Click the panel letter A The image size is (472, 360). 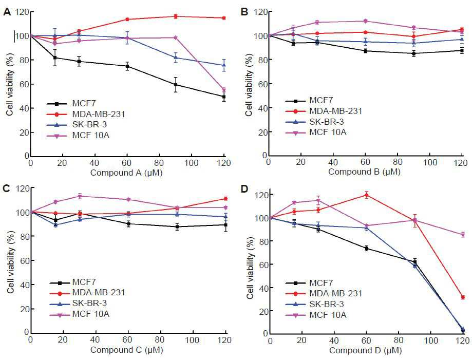click(x=7, y=12)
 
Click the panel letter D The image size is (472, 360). click(x=244, y=189)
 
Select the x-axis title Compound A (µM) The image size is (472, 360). click(x=126, y=173)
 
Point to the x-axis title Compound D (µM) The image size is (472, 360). click(x=366, y=350)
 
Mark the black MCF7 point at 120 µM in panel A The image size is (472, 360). click(x=223, y=97)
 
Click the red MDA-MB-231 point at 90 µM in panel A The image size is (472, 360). click(x=176, y=16)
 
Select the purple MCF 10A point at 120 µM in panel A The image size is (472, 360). click(x=223, y=90)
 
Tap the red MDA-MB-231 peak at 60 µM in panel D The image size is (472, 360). click(x=366, y=195)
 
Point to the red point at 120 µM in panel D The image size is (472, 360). click(x=463, y=297)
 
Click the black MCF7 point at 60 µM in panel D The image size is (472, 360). click(x=366, y=249)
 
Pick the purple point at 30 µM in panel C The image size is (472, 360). click(x=80, y=197)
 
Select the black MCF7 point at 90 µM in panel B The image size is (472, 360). click(x=414, y=53)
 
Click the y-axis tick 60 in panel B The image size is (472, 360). click(x=262, y=84)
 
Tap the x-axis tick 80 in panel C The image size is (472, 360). click(x=160, y=340)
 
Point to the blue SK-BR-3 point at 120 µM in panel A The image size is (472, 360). click(x=223, y=65)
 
